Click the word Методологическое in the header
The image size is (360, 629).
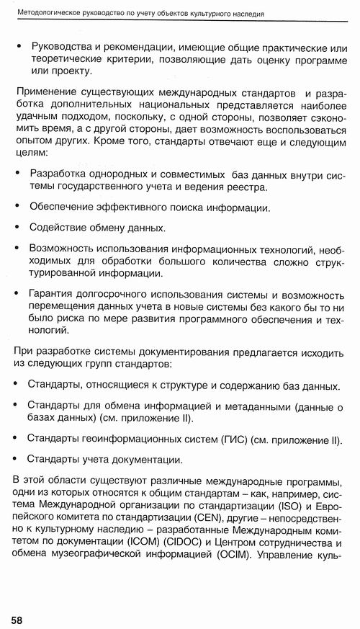pos(50,13)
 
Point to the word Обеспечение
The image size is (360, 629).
pos(62,208)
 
